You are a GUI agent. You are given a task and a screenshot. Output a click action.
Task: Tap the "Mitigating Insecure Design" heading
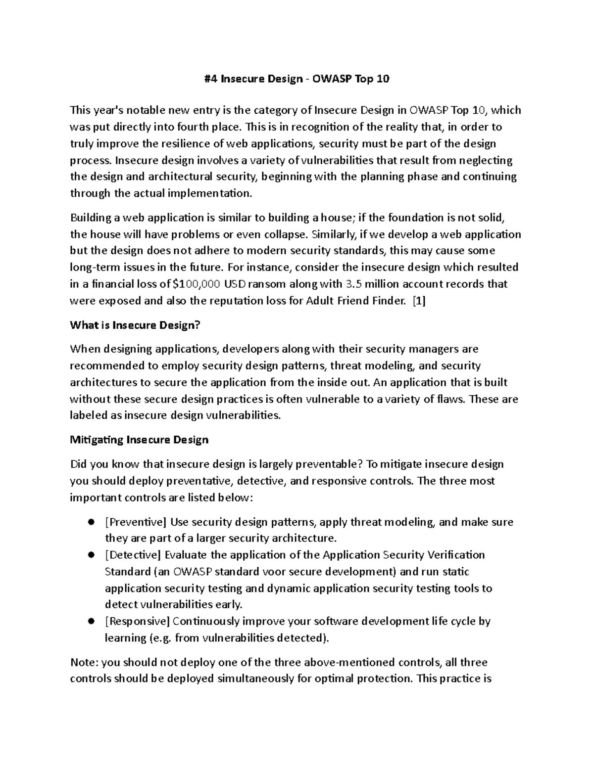(139, 440)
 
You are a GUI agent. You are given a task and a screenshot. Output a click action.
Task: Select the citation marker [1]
(419, 301)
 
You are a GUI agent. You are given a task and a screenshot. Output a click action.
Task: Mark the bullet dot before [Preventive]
(91, 522)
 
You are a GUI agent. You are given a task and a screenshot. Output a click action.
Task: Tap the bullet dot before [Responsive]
(91, 621)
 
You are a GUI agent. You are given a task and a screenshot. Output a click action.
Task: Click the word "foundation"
(416, 218)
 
